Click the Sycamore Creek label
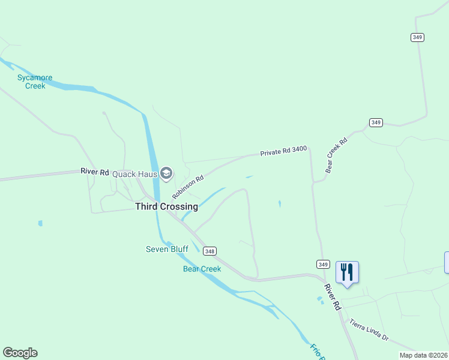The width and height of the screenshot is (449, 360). coord(35,82)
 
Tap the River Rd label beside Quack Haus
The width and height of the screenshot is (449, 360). coord(95,172)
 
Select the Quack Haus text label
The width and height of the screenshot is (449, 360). coord(134,174)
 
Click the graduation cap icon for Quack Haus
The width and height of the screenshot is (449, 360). coord(166,174)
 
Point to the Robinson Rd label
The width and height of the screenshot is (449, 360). coord(188,187)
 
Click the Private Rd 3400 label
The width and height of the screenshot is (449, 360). coord(283,153)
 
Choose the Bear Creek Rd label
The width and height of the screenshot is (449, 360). coord(336,156)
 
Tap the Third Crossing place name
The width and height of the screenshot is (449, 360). coord(166,206)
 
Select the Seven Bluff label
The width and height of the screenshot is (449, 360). coord(167,249)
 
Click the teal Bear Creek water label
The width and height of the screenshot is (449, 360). coord(202,269)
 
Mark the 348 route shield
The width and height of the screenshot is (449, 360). coord(209,251)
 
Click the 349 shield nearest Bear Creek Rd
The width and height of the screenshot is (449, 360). coord(376,122)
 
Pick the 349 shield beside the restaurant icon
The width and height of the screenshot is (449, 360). coord(322,264)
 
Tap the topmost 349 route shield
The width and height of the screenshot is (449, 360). coord(418,37)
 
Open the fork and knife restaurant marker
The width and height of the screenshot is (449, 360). coord(347,272)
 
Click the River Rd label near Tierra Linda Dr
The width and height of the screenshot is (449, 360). coord(333,296)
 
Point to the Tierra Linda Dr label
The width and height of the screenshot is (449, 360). coord(369,330)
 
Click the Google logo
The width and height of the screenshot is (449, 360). coord(20,353)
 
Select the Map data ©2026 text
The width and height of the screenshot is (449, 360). coord(423,355)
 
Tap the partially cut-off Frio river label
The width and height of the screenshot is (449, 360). coord(316,351)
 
